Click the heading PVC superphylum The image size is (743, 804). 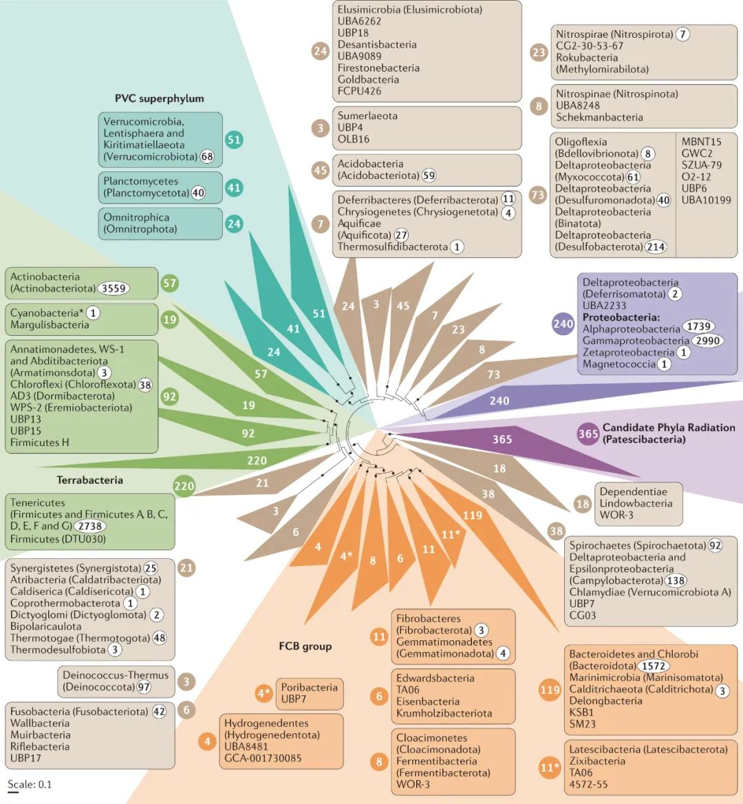[160, 98]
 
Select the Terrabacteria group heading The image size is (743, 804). [89, 479]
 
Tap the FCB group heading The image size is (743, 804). [305, 646]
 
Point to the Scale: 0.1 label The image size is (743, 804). [30, 784]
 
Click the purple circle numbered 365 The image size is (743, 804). [588, 434]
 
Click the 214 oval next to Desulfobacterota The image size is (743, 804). [656, 246]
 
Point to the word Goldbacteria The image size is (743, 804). [368, 79]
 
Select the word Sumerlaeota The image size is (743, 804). [367, 116]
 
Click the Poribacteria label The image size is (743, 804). [309, 687]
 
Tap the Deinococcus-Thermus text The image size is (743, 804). [115, 675]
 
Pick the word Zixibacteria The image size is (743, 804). [597, 761]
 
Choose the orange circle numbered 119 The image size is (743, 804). [550, 689]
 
